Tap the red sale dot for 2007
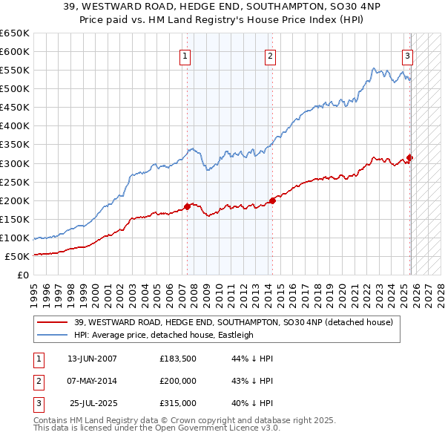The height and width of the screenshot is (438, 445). click(187, 206)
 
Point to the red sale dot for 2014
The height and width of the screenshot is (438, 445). click(272, 200)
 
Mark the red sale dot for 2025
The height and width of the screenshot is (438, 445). click(410, 157)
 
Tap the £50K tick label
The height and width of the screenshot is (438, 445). click(18, 256)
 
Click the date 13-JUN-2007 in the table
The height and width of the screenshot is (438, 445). click(92, 359)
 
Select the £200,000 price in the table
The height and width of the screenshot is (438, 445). click(177, 381)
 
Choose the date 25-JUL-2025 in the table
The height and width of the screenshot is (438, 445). click(92, 403)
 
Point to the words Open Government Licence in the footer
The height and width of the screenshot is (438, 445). click(206, 428)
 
